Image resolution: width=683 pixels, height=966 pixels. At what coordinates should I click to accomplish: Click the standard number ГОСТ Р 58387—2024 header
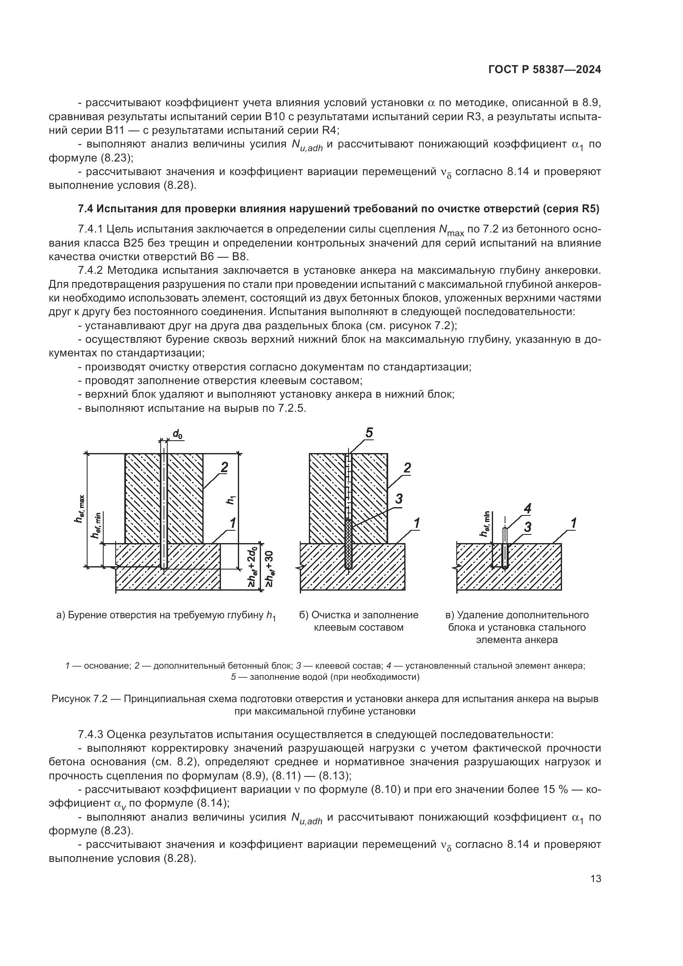544,70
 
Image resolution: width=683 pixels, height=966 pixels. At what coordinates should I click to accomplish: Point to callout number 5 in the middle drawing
369,433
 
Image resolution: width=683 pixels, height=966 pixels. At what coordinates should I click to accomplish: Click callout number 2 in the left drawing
224,467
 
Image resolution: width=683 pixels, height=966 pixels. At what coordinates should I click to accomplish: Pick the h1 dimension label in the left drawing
231,500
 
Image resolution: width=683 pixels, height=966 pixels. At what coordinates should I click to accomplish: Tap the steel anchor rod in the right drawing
505,547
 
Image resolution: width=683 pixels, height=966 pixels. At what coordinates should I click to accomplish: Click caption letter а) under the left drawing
60,615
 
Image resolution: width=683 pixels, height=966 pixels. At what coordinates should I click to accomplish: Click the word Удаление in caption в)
480,615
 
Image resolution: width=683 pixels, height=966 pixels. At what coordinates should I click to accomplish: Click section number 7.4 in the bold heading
86,209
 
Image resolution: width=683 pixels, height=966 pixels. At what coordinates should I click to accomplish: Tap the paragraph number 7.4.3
90,735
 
